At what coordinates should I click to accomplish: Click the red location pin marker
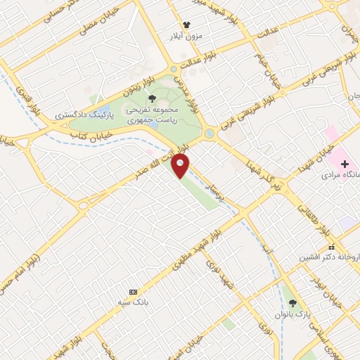(x=181, y=166)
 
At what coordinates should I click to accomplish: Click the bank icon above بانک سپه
(x=133, y=291)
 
